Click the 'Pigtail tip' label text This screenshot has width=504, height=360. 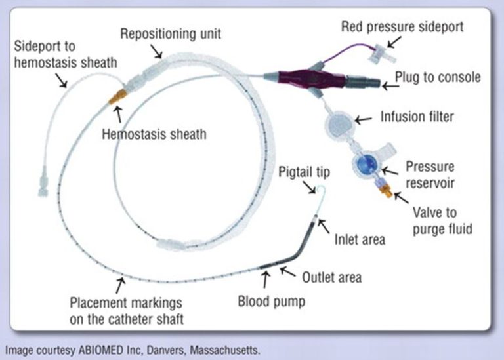pos(304,172)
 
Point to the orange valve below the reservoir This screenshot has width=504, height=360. pos(380,191)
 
